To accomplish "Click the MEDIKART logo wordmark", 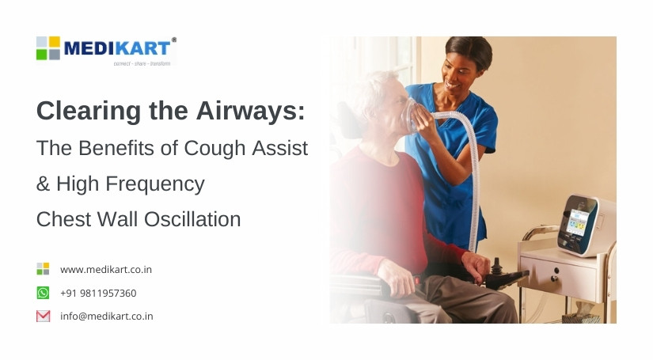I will pyautogui.click(x=119, y=47).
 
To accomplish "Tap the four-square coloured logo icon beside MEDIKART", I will pyautogui.click(x=48, y=47).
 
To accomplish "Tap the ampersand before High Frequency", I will pyautogui.click(x=43, y=184).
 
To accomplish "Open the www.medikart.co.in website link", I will pyautogui.click(x=106, y=270).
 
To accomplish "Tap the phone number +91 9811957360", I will pyautogui.click(x=98, y=294).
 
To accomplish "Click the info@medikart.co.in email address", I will pyautogui.click(x=107, y=316).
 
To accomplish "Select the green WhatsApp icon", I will pyautogui.click(x=43, y=294).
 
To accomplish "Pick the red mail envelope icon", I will pyautogui.click(x=43, y=316).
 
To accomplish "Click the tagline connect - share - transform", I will pyautogui.click(x=142, y=63).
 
